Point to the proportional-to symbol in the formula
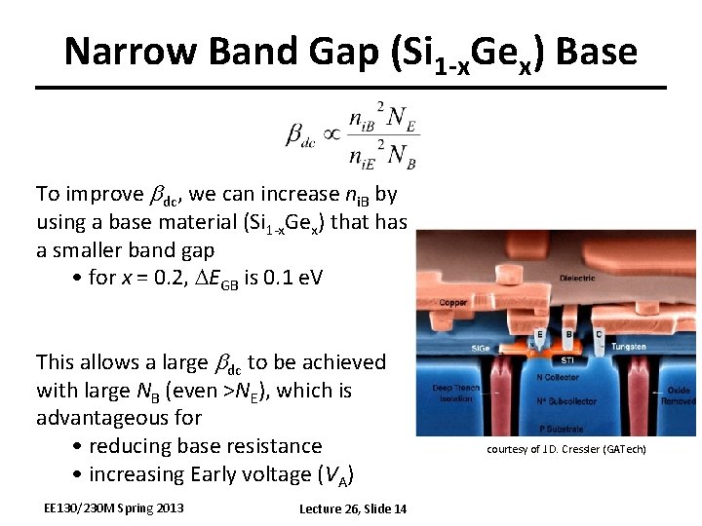point(331,132)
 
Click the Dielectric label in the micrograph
point(577,279)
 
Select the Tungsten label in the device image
point(628,347)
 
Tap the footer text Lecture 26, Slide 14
point(353,508)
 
